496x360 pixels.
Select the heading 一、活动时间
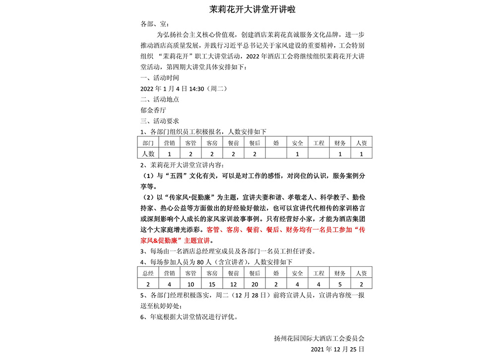160,78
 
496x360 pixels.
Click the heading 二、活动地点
160,99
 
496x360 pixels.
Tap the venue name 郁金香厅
153,110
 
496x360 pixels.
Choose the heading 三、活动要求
160,121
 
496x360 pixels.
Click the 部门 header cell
148,143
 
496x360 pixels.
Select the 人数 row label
148,154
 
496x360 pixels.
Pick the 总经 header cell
148,273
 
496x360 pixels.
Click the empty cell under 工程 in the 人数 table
318,154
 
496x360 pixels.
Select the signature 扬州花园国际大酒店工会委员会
318,339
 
